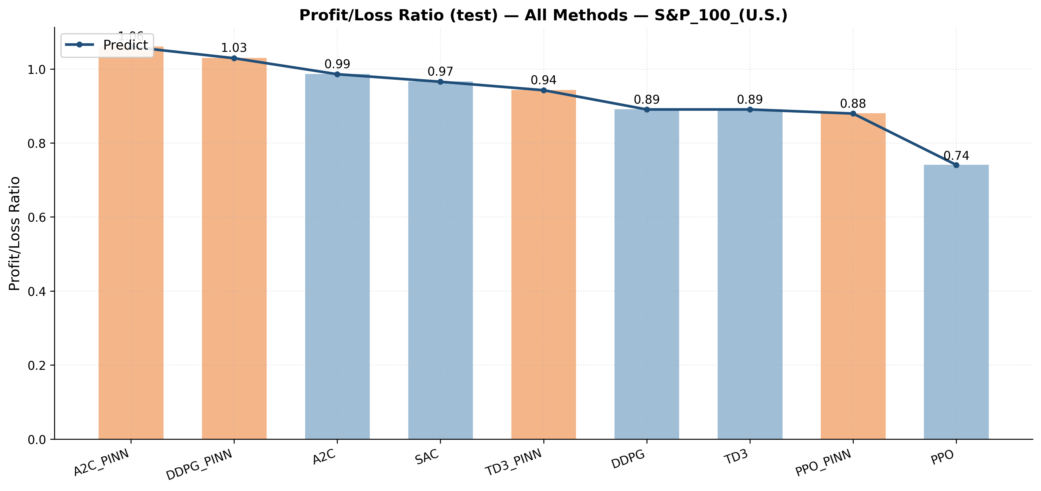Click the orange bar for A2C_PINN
coord(131,242)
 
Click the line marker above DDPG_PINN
coord(234,58)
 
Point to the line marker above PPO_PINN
coord(853,113)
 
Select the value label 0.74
coord(956,156)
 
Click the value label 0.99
coord(337,64)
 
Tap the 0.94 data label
coord(543,80)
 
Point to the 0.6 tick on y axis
coord(36,217)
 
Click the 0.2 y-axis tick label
coord(36,365)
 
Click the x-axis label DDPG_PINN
coord(200,465)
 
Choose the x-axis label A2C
coord(324,457)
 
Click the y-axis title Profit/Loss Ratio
coord(15,233)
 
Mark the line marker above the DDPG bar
coord(647,109)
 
